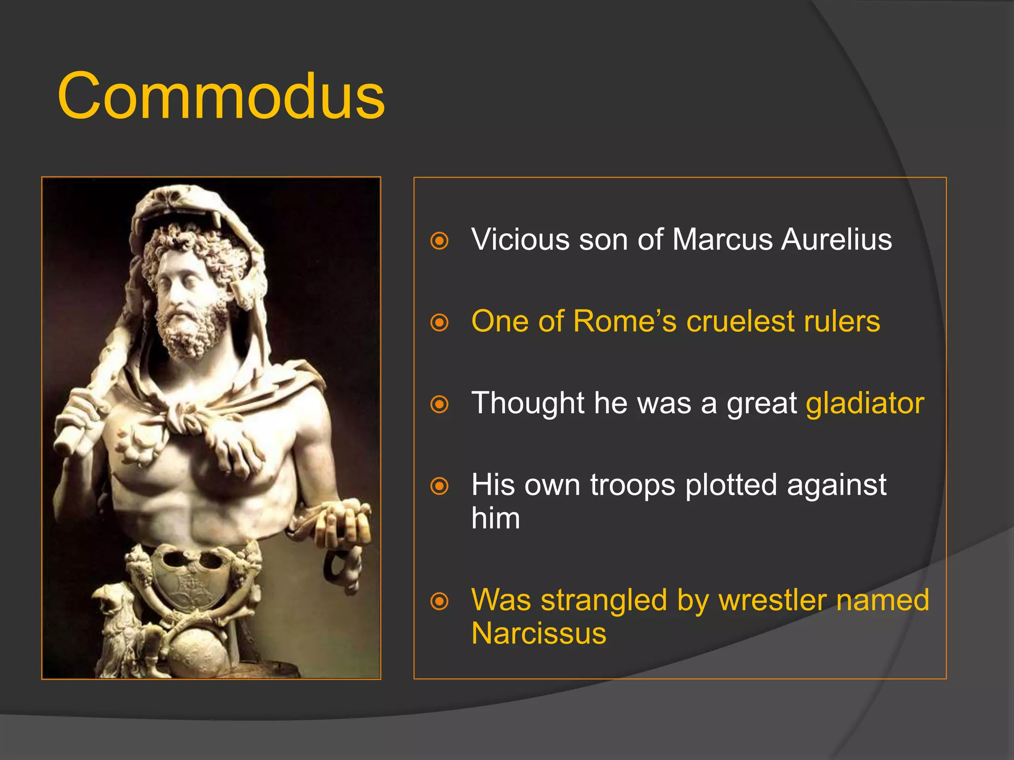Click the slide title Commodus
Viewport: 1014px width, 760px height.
tap(221, 96)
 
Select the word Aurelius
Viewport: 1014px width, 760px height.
tap(836, 240)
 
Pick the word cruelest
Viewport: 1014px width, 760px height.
tap(740, 322)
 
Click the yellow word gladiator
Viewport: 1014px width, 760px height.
tap(864, 404)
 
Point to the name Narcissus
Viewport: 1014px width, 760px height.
tap(539, 634)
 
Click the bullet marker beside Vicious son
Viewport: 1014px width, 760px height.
tap(439, 241)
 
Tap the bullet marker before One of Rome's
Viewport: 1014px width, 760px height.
tap(439, 323)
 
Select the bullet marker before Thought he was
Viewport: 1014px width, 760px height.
tap(439, 404)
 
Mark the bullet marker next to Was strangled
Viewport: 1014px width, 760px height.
tap(439, 602)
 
